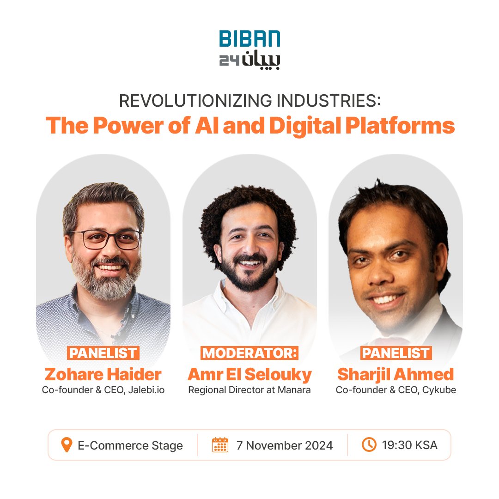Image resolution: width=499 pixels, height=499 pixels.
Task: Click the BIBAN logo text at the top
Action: pos(249,39)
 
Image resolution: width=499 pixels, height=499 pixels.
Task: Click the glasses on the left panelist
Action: pos(106,239)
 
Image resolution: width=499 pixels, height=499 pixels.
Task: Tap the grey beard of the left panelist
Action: pos(106,282)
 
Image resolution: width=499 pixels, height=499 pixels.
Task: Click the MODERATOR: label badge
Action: pos(249,353)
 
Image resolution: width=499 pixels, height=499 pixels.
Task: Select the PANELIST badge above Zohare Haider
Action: pos(103,353)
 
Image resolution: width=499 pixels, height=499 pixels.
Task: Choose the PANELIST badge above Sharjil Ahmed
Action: pos(396,353)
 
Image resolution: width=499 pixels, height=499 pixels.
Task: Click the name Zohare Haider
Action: pos(103,373)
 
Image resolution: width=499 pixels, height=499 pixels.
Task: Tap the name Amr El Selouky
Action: pos(249,373)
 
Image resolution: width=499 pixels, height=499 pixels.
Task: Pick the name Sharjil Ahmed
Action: pos(396,373)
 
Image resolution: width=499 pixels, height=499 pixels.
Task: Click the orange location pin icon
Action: pos(67,445)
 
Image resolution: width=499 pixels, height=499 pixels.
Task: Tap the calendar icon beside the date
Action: pos(220,445)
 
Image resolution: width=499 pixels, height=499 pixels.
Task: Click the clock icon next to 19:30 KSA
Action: pos(368,445)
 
